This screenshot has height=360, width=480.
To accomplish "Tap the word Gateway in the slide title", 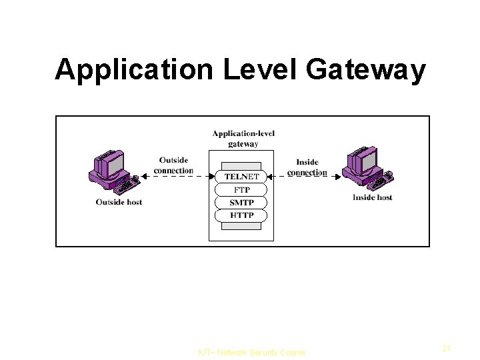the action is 365,70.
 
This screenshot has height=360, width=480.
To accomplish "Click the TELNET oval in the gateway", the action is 241,177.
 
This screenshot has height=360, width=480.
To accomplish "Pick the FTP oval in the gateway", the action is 241,190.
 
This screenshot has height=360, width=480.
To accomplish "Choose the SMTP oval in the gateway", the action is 241,203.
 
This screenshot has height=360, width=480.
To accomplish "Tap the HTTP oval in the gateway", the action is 241,215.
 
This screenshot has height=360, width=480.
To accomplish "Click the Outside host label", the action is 119,202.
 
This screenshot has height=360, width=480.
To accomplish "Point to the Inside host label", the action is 372,197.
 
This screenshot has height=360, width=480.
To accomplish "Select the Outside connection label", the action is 173,165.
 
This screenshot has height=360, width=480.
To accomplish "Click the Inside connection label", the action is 307,167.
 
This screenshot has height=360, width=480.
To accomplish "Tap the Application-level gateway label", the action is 243,139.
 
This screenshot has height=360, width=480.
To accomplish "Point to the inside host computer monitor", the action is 364,161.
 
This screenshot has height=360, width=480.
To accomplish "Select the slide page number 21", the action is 447,348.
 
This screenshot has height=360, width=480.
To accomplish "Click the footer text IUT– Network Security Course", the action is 251,353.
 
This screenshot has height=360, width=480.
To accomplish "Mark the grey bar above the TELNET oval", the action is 241,165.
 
